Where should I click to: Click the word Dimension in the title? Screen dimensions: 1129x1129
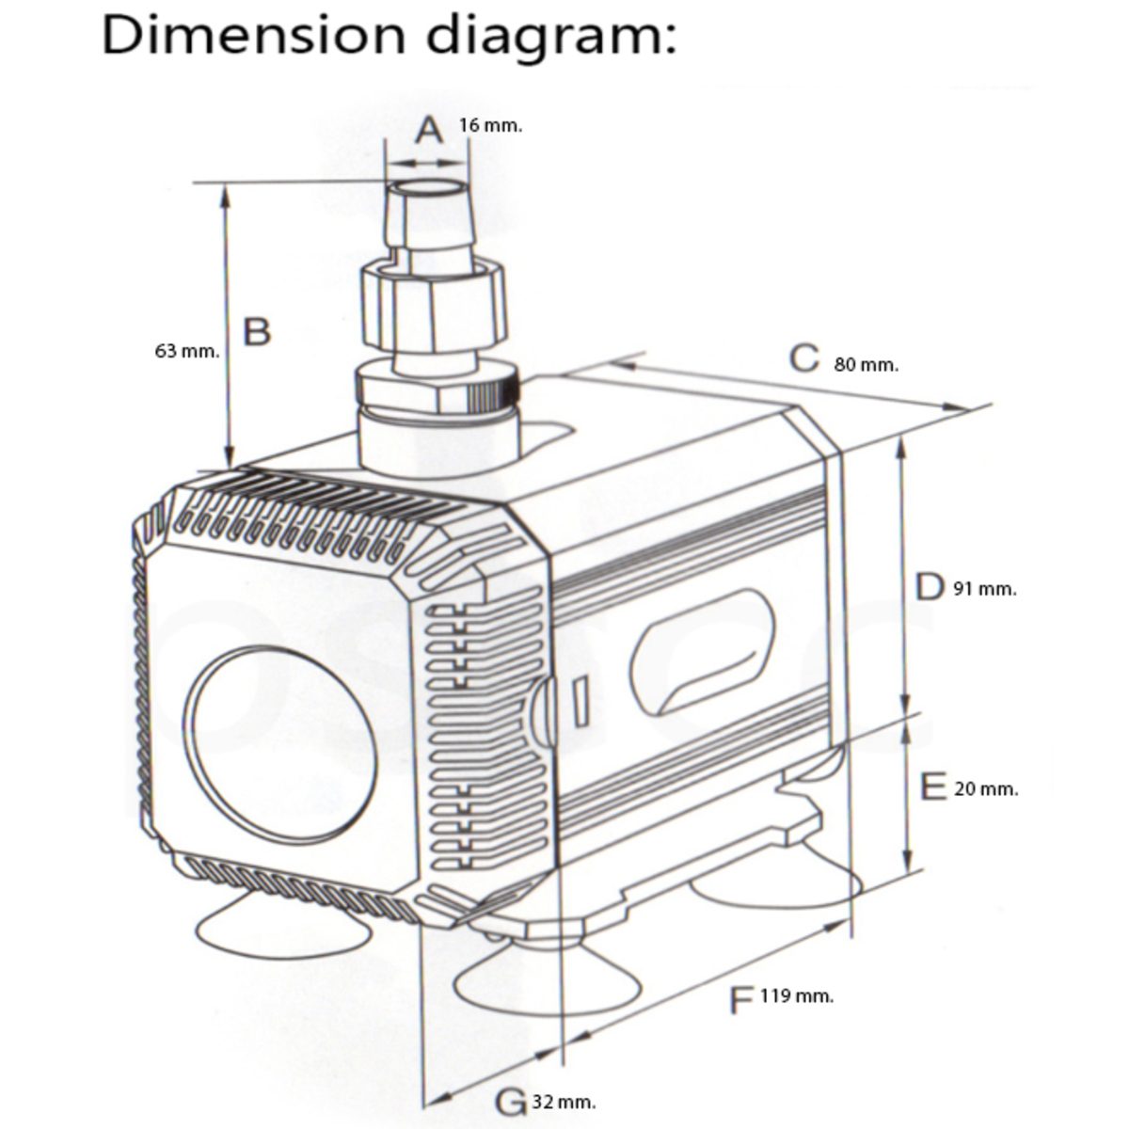(x=254, y=35)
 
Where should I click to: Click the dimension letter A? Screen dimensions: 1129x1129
(x=429, y=130)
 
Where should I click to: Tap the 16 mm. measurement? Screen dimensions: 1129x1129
(x=490, y=125)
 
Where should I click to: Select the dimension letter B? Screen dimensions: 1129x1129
(x=257, y=331)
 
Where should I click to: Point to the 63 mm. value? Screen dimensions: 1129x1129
(x=187, y=352)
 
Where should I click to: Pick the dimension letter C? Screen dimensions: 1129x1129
(x=803, y=358)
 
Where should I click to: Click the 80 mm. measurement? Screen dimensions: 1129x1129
(x=866, y=365)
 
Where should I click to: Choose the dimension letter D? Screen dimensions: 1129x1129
(x=930, y=588)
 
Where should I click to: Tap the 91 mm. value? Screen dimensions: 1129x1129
(x=985, y=589)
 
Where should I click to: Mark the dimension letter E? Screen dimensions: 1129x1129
(x=933, y=787)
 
